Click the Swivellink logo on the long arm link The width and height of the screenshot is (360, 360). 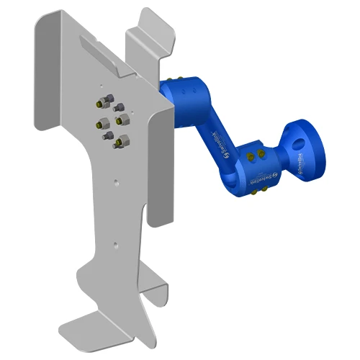coord(219,139)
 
